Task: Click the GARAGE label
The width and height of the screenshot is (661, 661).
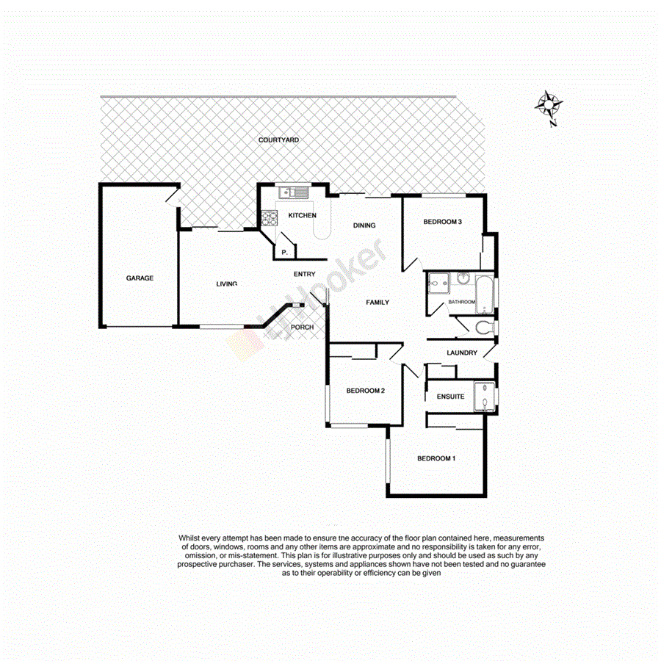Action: (x=140, y=278)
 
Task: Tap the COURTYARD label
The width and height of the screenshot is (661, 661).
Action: (x=278, y=140)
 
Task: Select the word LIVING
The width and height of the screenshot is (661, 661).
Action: (x=226, y=284)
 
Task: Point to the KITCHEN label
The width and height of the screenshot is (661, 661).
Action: (x=302, y=215)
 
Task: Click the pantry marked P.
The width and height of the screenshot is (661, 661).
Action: (x=284, y=252)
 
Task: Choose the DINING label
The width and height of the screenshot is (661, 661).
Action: (x=364, y=225)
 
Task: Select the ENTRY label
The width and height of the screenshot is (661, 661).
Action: (x=304, y=274)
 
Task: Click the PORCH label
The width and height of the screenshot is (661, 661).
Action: (x=303, y=327)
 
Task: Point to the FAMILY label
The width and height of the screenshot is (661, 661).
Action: (x=378, y=303)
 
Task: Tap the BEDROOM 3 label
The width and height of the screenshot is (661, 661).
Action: (x=442, y=222)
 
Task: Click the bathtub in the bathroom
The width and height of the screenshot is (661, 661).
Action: (x=485, y=291)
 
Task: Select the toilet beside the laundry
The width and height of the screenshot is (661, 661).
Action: (x=483, y=327)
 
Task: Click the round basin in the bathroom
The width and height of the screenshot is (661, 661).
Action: (x=463, y=278)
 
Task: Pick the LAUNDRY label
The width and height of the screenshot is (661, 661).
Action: (x=462, y=353)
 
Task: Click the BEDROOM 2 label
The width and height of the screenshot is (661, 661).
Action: (x=366, y=391)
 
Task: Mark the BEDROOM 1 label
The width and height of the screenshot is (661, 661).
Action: (x=436, y=459)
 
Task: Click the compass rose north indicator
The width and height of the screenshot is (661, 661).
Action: (x=547, y=104)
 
